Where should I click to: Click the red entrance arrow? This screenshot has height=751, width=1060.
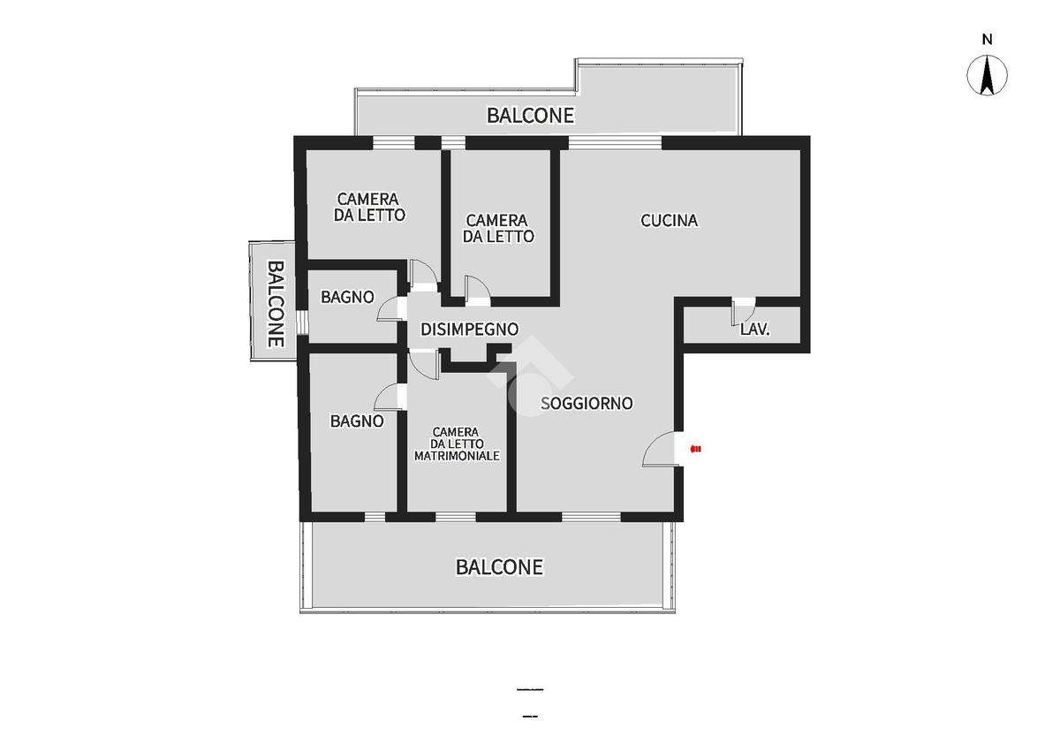click(696, 449)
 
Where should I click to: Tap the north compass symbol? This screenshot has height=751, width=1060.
click(988, 75)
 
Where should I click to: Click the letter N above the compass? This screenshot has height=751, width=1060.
click(988, 40)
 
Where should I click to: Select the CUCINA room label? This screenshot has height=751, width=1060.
click(670, 221)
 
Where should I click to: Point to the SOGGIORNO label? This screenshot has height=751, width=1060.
click(587, 403)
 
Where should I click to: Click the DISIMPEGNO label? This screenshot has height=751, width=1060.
click(469, 330)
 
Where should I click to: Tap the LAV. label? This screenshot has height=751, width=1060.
click(754, 330)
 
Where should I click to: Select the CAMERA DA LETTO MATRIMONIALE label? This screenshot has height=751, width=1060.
click(458, 444)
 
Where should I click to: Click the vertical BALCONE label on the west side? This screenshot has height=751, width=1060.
click(276, 303)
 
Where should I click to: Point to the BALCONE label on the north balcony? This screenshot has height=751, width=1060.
click(531, 116)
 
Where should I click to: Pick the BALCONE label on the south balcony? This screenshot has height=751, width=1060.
click(499, 567)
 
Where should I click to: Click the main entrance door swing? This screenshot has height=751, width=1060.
click(659, 449)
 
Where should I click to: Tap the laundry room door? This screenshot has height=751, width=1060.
click(744, 312)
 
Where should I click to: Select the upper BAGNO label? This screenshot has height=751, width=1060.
click(347, 297)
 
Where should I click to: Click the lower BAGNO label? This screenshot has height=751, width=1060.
click(357, 421)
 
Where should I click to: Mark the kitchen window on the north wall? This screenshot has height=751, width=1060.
click(615, 143)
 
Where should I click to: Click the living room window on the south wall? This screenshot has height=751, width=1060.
click(591, 517)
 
